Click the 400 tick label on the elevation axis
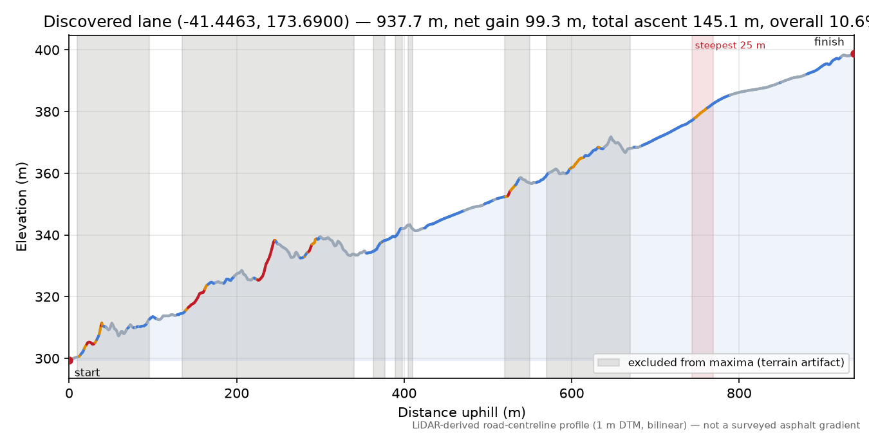click(x=47, y=50)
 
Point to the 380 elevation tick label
click(x=47, y=112)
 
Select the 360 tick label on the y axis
click(x=47, y=173)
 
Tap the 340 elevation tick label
click(x=47, y=235)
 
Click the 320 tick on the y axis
click(x=47, y=297)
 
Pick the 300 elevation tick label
click(x=47, y=359)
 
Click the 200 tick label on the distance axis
click(x=237, y=394)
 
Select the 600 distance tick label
click(x=572, y=394)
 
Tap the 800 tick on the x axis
click(x=739, y=394)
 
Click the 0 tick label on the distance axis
click(x=69, y=394)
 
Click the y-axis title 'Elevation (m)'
click(x=21, y=207)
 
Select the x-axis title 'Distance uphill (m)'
click(x=462, y=412)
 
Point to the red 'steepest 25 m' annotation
click(x=730, y=46)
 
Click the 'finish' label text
click(x=829, y=42)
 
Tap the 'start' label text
click(x=88, y=373)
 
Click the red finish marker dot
click(x=854, y=53)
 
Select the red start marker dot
click(x=70, y=361)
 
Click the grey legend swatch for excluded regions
click(x=608, y=363)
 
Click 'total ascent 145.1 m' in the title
click(x=675, y=22)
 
